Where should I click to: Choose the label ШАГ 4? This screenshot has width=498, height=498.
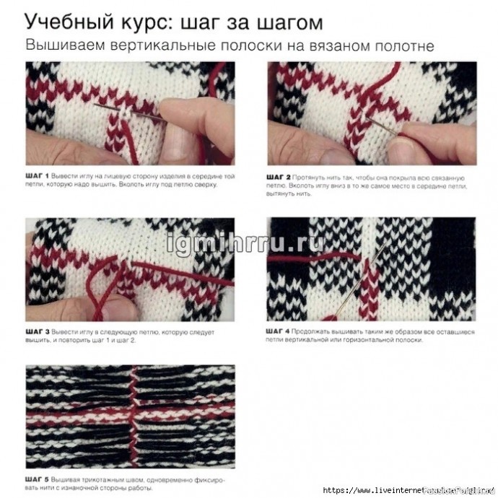pyautogui.click(x=278, y=330)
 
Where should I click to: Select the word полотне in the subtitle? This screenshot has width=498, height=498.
pyautogui.click(x=405, y=45)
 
